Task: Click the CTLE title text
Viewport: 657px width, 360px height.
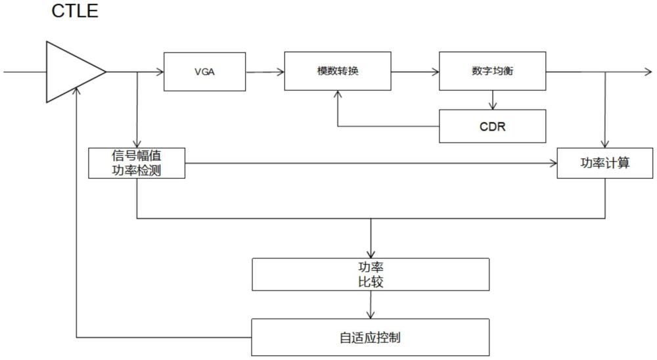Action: click(75, 11)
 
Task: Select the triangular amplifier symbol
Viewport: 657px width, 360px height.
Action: click(76, 72)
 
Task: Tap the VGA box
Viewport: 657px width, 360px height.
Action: click(204, 72)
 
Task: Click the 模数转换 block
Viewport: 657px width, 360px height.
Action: click(338, 71)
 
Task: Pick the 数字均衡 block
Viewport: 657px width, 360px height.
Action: click(492, 71)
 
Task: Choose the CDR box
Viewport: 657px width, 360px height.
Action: click(492, 126)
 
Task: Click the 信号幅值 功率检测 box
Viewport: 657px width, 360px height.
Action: click(137, 163)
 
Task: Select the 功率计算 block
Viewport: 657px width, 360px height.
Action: click(604, 163)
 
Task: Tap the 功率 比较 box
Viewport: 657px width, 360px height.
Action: click(371, 275)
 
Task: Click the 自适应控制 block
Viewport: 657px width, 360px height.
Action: click(371, 337)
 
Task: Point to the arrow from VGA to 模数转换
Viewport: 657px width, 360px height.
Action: click(265, 72)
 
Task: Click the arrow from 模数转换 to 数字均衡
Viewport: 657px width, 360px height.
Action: click(415, 72)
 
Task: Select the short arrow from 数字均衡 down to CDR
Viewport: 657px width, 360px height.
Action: click(493, 100)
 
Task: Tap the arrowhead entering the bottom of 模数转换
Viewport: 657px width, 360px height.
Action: click(338, 94)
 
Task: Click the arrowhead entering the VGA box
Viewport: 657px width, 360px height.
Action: click(160, 72)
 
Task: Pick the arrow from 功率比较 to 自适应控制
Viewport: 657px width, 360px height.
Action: click(371, 305)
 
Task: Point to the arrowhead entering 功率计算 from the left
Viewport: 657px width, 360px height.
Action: click(553, 164)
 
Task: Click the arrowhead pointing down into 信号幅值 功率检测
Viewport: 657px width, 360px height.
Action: click(137, 144)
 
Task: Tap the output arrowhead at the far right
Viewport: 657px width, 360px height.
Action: click(648, 72)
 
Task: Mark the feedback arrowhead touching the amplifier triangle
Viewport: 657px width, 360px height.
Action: click(76, 92)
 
